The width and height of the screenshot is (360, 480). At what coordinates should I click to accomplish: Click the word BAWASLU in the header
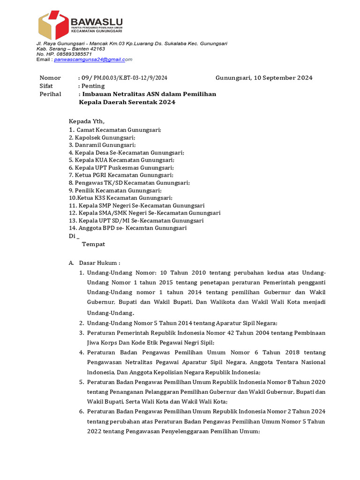point(96,22)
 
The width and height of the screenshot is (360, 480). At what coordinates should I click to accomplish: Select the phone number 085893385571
point(69,54)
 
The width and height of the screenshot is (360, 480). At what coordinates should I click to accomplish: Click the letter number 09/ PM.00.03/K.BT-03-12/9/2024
point(124,78)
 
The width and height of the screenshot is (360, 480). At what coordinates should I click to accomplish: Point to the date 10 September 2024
point(283,78)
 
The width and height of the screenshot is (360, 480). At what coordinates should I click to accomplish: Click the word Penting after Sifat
point(93,86)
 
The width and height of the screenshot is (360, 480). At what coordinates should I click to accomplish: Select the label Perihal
point(50,94)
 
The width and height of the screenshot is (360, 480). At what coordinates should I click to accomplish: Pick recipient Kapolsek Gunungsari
point(104,137)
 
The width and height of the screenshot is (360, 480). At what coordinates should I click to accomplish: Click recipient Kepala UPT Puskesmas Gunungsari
point(123,167)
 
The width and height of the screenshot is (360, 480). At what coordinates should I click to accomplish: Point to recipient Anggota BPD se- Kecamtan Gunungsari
point(130,228)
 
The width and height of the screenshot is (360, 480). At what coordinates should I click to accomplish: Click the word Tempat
point(93,244)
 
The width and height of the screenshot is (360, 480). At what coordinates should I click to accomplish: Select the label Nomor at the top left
point(50,78)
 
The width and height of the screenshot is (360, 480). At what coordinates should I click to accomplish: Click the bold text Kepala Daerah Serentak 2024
point(127,102)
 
